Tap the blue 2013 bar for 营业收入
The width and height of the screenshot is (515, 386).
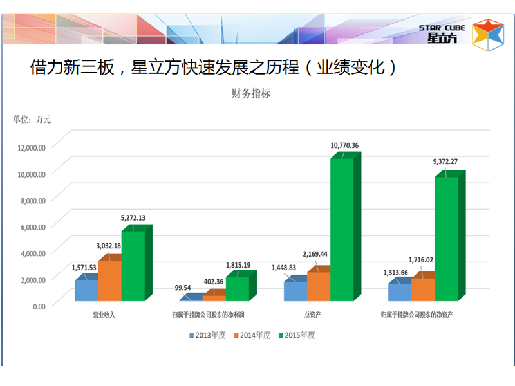coord(86,290)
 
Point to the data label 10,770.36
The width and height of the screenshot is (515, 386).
coord(344,145)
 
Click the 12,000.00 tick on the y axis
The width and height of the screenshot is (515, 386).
coord(30,147)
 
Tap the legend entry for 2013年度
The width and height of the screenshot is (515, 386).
coord(207,335)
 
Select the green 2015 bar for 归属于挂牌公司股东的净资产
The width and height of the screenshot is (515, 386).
coord(446,239)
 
